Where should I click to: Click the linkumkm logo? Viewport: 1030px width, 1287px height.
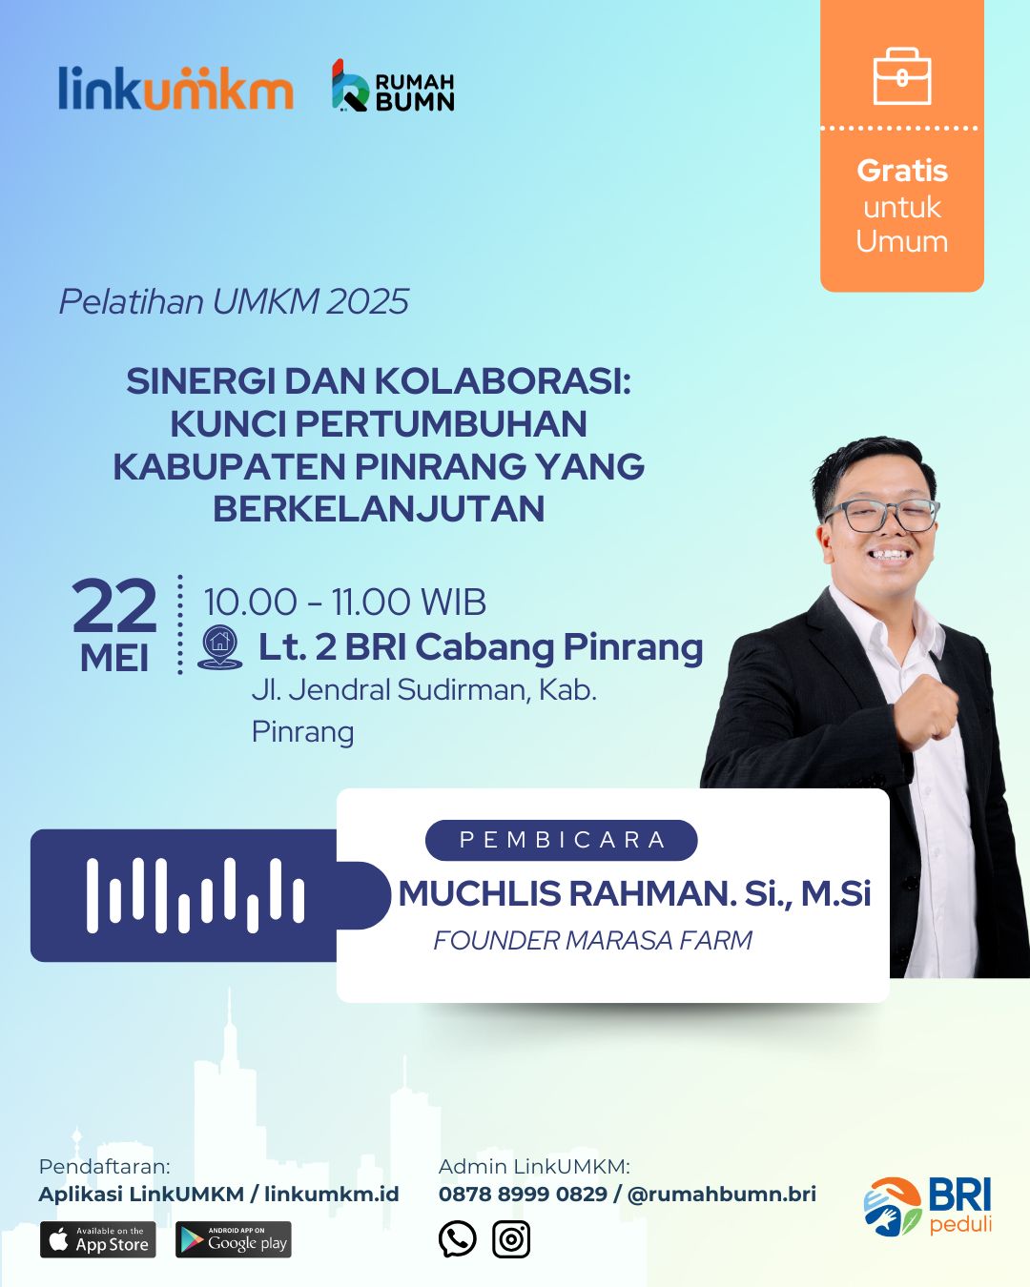tap(175, 88)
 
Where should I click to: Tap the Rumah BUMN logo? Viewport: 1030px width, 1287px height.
tap(393, 86)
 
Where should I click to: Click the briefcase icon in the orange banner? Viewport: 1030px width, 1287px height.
tap(902, 76)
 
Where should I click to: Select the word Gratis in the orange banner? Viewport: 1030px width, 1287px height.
tap(902, 172)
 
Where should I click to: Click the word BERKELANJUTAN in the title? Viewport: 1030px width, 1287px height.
tap(379, 509)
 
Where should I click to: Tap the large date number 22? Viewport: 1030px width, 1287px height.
tap(114, 606)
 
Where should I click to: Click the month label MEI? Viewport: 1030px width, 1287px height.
tap(114, 660)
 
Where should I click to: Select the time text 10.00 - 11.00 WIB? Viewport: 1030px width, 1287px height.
tap(344, 603)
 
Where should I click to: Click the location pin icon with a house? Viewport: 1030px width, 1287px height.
tap(220, 647)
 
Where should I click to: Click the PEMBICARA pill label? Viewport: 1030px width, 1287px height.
tap(562, 840)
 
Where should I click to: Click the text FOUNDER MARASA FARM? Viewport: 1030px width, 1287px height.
tap(592, 941)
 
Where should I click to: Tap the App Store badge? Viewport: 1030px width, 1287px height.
tap(98, 1239)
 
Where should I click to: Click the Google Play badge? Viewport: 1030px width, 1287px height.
tap(234, 1239)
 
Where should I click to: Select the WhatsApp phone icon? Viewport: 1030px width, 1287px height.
tap(457, 1239)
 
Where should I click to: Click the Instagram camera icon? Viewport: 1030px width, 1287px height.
tap(511, 1239)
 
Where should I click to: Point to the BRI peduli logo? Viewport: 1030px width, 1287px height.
tap(928, 1206)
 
